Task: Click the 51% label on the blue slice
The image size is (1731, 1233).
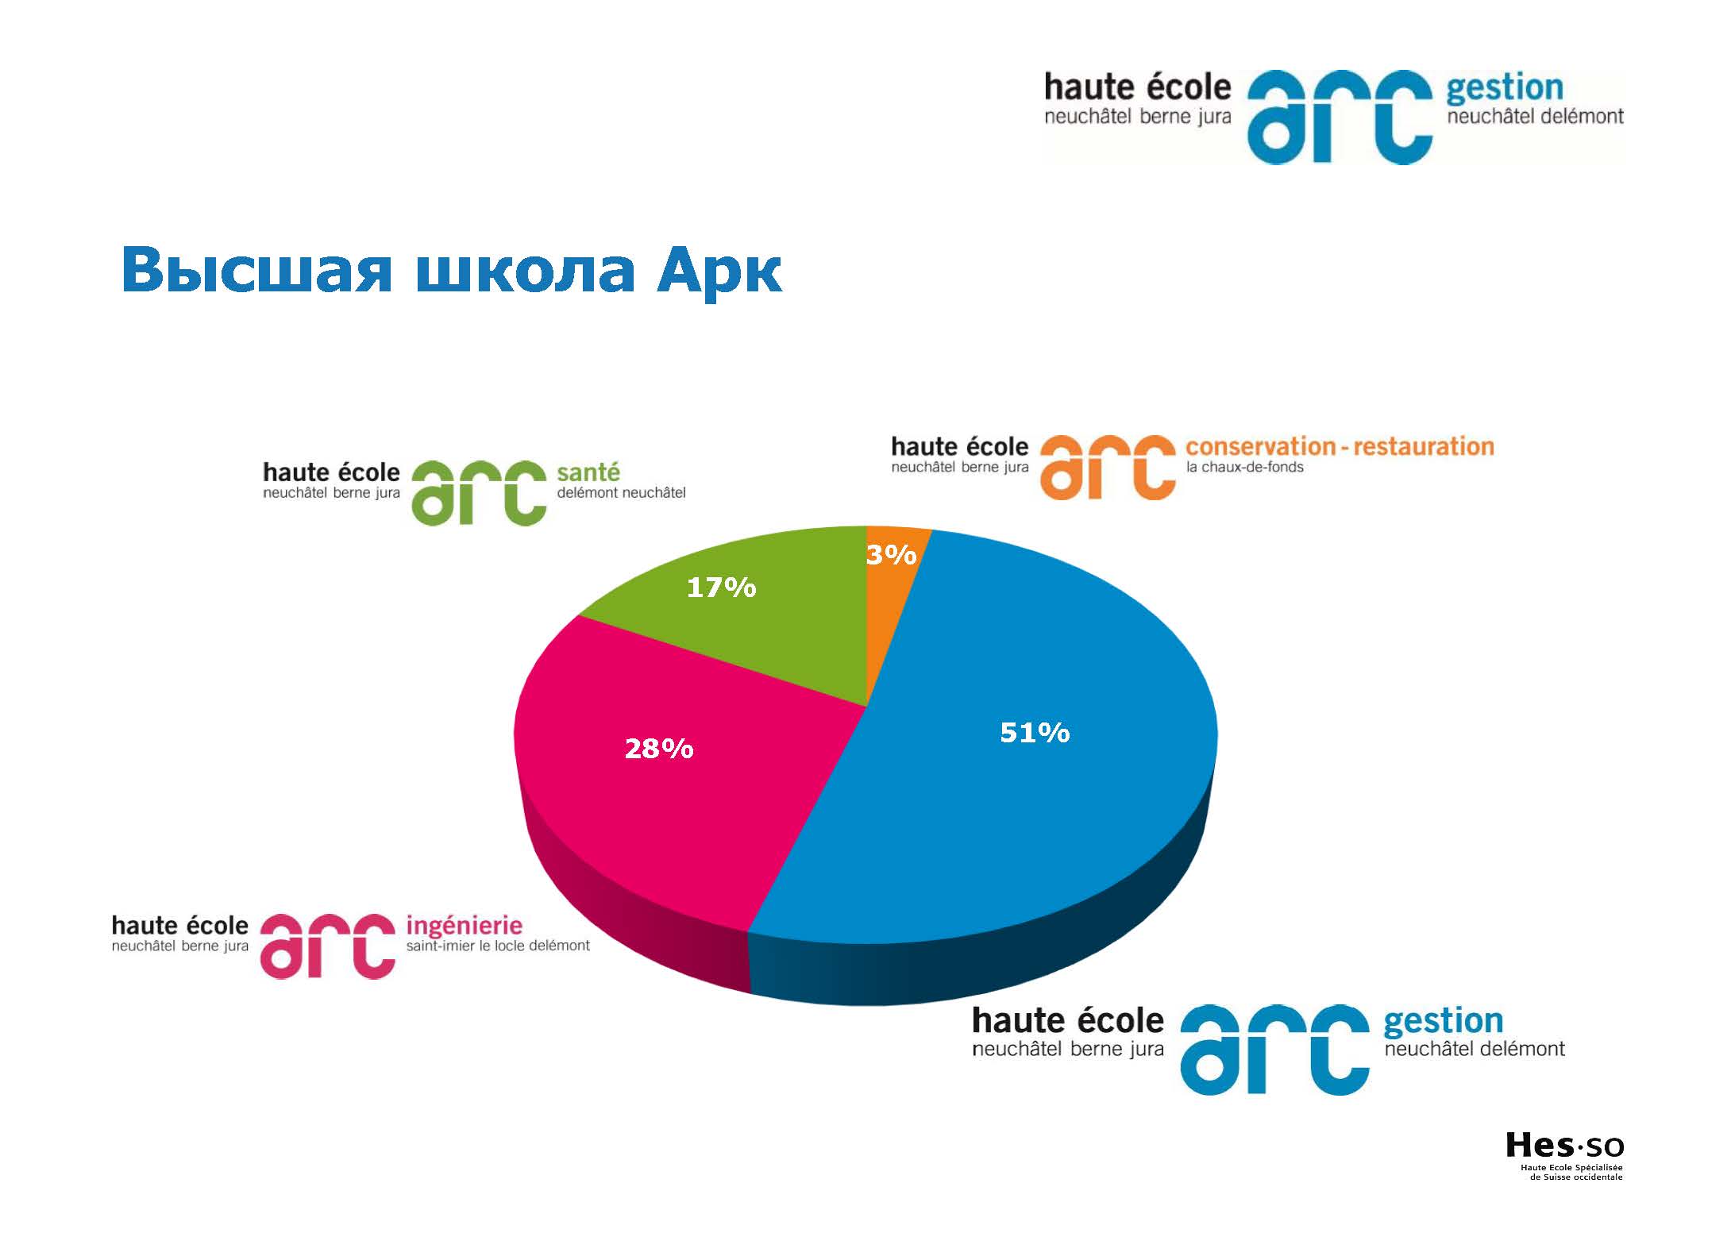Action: tap(1035, 732)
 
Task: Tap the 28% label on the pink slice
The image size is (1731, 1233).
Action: tap(659, 748)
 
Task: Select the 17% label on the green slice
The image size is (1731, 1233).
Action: tap(721, 588)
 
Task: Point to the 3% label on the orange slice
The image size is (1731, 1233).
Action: tap(891, 554)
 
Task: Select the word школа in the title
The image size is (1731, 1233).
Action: tap(524, 271)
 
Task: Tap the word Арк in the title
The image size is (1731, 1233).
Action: tap(719, 271)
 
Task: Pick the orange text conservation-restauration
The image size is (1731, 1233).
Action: tap(1340, 447)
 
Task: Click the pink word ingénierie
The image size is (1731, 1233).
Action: tap(465, 925)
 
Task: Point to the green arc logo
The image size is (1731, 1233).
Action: tap(479, 494)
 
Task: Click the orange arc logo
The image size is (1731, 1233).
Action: tap(1107, 468)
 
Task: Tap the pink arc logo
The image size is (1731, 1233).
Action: tap(328, 946)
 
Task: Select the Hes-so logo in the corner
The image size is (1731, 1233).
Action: tap(1564, 1178)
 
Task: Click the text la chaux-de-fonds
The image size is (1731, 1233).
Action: tap(1245, 468)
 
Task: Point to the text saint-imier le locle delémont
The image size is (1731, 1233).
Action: tap(498, 946)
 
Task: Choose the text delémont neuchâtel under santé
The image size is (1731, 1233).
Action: tap(621, 493)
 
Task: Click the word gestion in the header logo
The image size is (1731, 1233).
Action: tap(1505, 88)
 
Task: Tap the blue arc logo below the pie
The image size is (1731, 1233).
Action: tap(1274, 1050)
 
